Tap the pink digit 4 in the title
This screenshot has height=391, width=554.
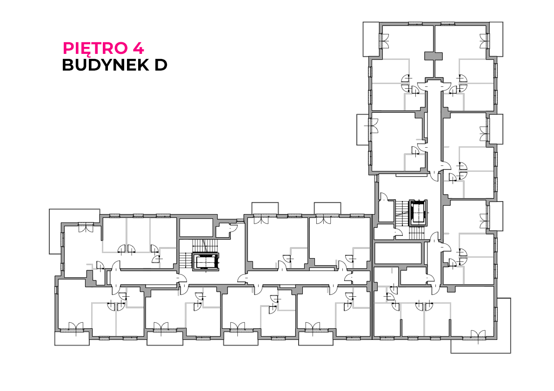(139, 48)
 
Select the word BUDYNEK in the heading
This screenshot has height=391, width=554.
(105, 65)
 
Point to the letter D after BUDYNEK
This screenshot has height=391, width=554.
(161, 65)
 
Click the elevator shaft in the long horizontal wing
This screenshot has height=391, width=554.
(206, 261)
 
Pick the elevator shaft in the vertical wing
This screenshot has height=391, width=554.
(418, 213)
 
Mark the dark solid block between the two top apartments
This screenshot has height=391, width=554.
(433, 56)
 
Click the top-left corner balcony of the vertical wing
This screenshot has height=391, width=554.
(371, 39)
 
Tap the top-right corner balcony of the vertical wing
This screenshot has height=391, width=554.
(496, 39)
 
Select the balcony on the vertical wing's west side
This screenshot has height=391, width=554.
(363, 130)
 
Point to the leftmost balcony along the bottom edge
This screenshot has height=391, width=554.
(72, 339)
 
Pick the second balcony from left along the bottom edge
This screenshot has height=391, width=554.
(165, 339)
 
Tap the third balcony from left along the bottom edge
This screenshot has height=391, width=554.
(241, 339)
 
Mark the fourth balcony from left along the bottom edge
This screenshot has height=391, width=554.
(316, 339)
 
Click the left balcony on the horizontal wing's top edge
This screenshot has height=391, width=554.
(265, 209)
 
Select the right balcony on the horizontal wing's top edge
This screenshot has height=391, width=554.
(327, 209)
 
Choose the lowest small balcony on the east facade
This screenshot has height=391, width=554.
(496, 216)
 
